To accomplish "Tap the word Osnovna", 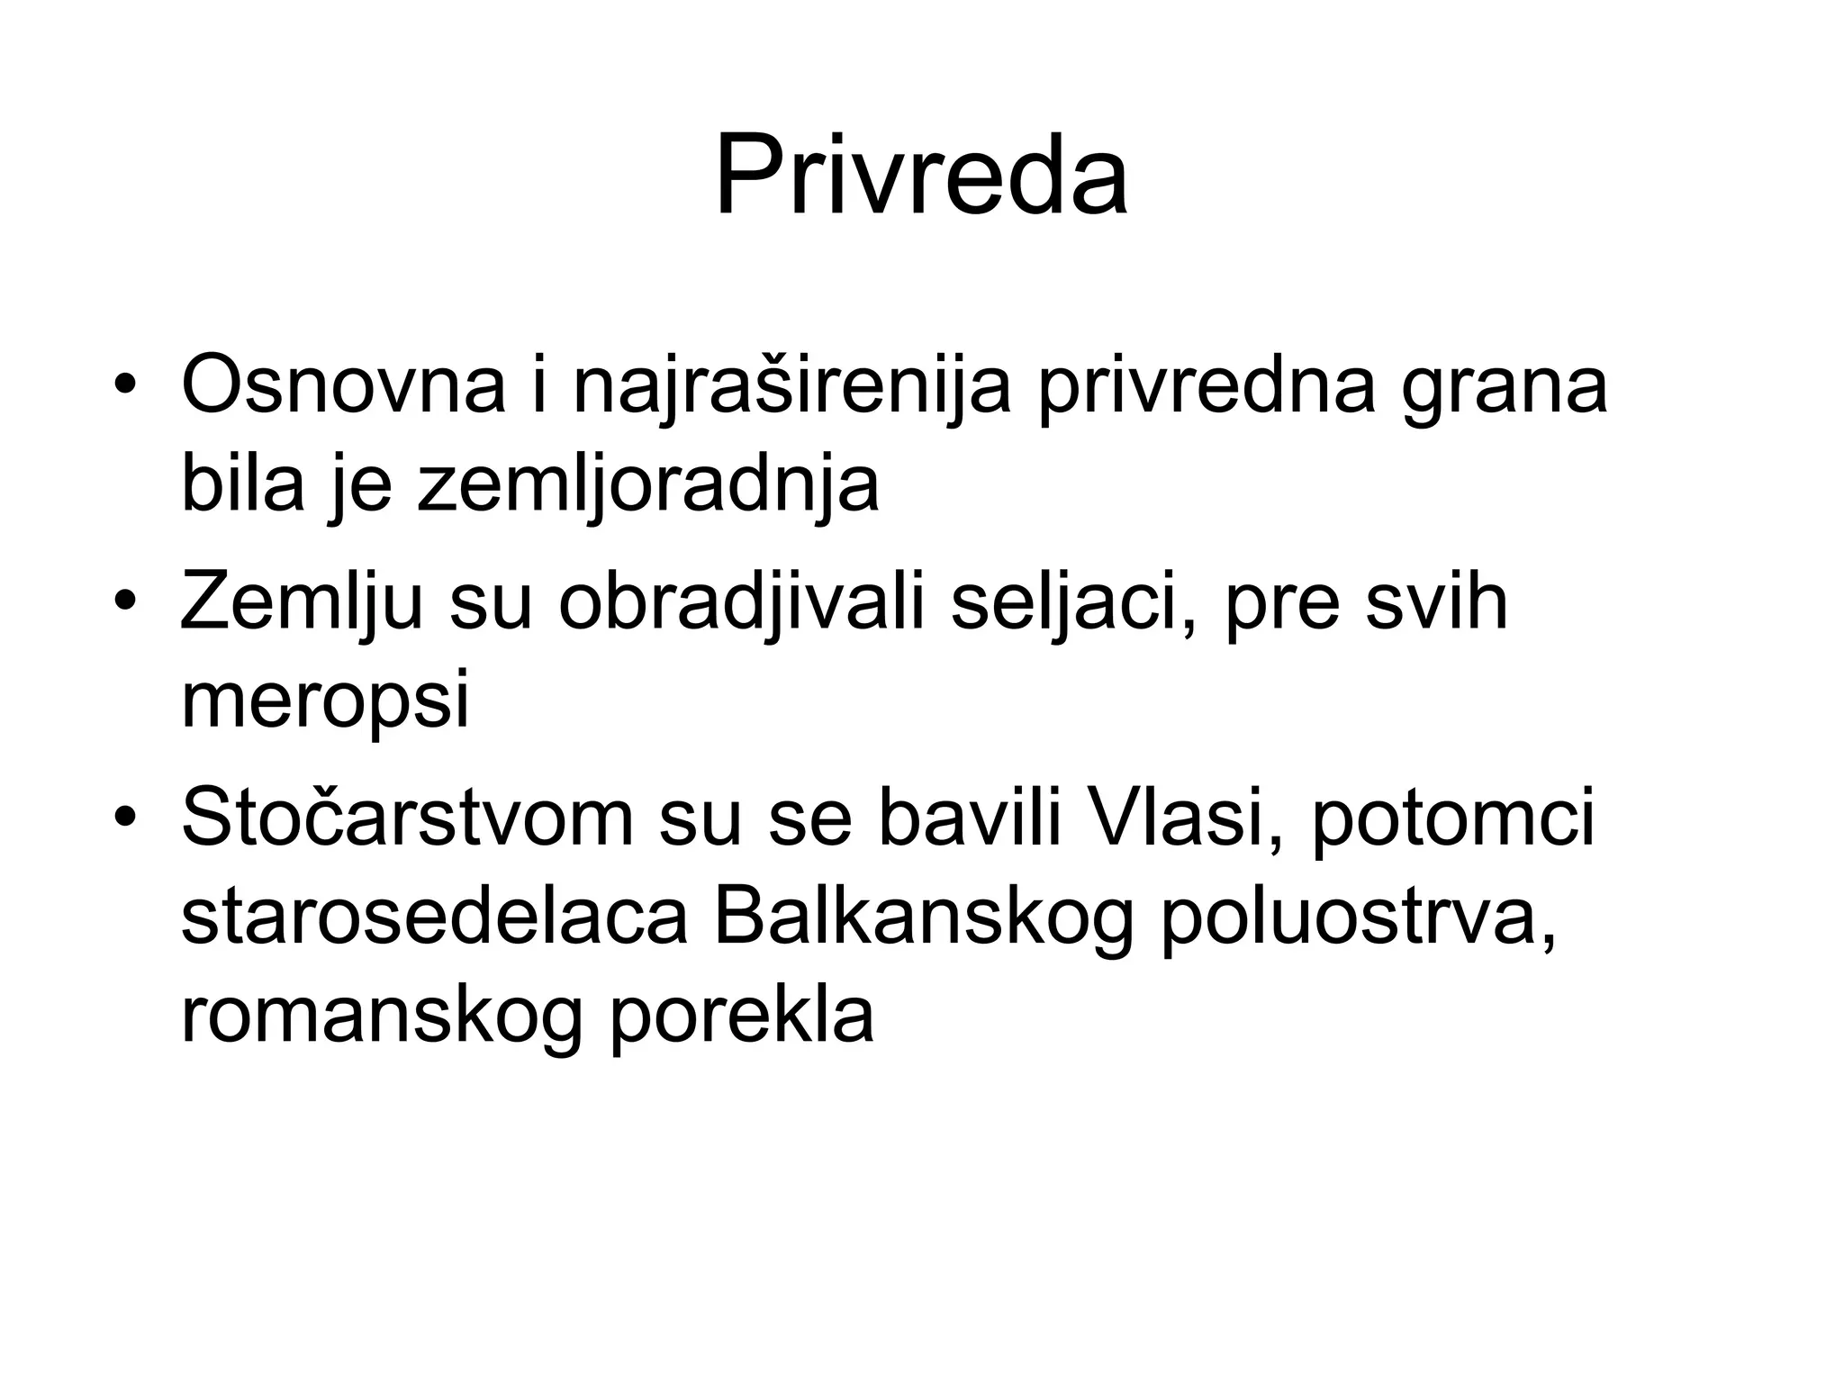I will point(343,386).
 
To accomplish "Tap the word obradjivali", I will point(742,603).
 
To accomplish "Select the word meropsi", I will point(325,703).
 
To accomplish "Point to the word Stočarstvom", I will point(407,818).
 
